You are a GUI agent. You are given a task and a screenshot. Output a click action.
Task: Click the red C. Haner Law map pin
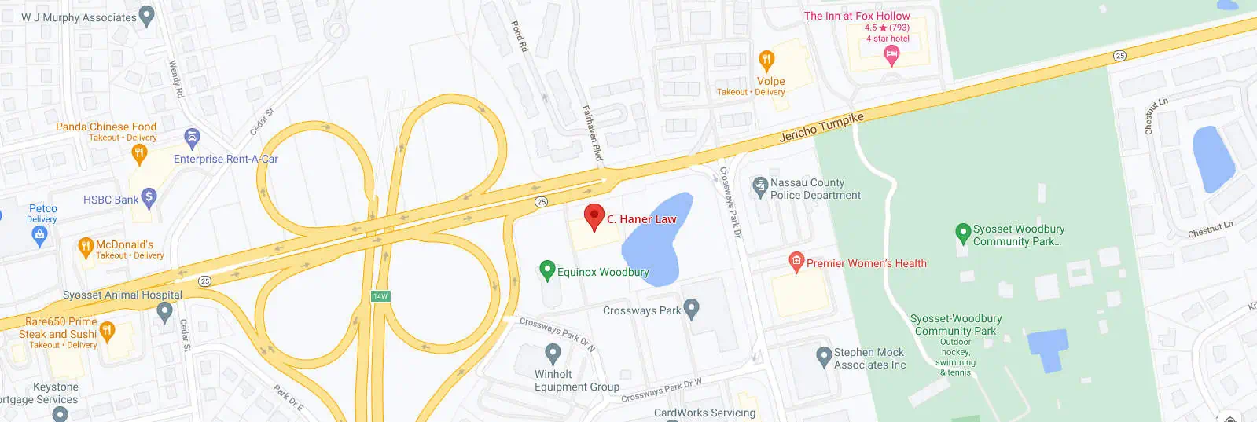(594, 216)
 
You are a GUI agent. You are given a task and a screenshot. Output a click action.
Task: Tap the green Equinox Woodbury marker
(547, 270)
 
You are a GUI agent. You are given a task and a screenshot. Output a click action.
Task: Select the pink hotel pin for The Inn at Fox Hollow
(891, 54)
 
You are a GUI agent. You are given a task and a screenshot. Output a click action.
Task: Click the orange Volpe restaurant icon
(766, 61)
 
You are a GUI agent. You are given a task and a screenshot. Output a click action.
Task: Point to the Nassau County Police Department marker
(759, 186)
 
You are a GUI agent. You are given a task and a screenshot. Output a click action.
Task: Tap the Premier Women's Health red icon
(796, 262)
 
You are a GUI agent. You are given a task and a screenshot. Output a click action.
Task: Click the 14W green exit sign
(380, 296)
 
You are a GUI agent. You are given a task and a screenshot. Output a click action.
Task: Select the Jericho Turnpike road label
(821, 127)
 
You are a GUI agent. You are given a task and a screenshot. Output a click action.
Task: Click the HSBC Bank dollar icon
(149, 198)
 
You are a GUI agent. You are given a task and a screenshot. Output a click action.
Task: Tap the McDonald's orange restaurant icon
(86, 248)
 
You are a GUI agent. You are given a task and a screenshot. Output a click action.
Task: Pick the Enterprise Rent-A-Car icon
(192, 139)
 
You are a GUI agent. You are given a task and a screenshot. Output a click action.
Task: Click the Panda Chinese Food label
(106, 127)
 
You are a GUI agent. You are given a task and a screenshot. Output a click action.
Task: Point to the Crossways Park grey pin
(691, 309)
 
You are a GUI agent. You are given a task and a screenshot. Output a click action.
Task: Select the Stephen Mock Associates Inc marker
(824, 356)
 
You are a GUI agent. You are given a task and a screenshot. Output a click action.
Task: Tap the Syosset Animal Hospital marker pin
(164, 311)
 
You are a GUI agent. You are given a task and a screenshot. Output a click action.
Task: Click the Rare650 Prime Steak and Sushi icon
(107, 331)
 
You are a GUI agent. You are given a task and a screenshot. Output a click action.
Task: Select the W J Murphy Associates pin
(146, 17)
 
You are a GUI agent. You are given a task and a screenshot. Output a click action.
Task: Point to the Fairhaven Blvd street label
(591, 134)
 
